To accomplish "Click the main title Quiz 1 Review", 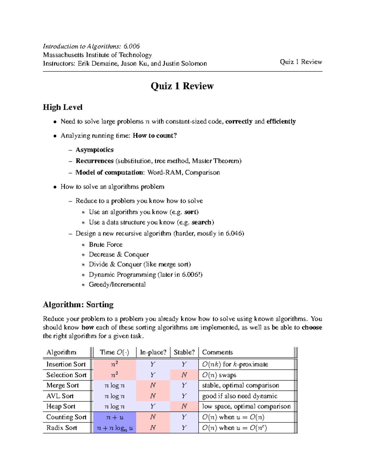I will (182, 86).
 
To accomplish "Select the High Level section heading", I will (63, 107).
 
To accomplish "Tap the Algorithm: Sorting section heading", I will (78, 305).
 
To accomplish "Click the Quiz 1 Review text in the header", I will (301, 62).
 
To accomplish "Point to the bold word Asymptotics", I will (95, 150).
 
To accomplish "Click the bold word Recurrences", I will (95, 161).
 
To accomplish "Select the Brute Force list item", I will (106, 245).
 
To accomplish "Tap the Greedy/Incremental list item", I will (117, 284).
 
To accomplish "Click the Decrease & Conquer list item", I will (119, 254).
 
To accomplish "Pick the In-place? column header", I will (153, 352).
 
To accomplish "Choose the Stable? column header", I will (184, 352).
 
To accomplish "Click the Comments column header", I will (217, 352).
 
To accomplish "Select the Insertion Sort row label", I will (66, 364).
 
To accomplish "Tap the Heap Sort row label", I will (61, 406).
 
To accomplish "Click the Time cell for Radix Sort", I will (115, 428).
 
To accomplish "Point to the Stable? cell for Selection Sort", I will (184, 375).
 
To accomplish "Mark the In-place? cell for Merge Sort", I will (153, 385).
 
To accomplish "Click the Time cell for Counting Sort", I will (115, 417).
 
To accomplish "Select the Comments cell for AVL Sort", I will (240, 396).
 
